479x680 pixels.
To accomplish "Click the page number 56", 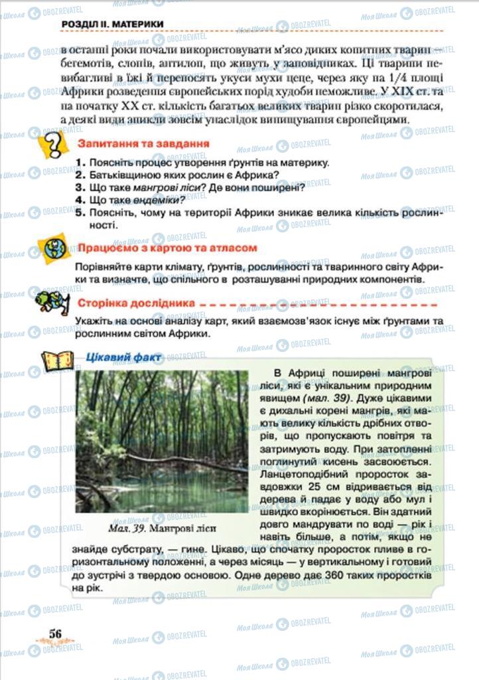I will (x=56, y=633).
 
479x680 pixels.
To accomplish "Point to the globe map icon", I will (x=55, y=248).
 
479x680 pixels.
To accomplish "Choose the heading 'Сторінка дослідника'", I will (x=136, y=303).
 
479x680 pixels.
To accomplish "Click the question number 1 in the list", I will (x=79, y=163).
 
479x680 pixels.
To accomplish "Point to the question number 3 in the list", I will (x=79, y=187).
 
